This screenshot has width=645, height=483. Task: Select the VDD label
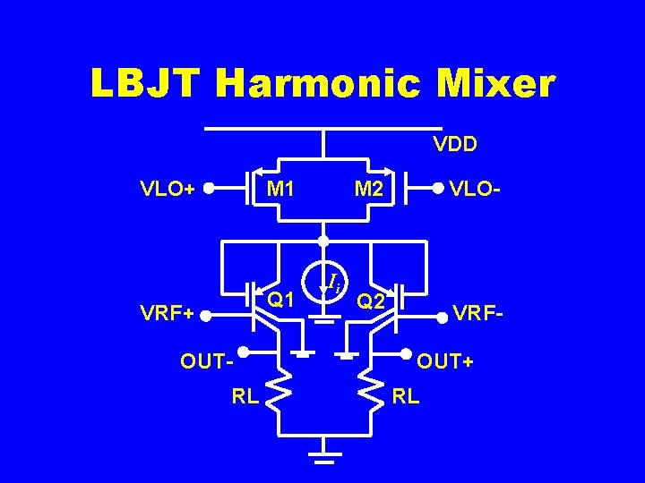pyautogui.click(x=455, y=143)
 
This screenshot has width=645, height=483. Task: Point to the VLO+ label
pyautogui.click(x=168, y=189)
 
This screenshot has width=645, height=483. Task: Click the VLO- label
pyautogui.click(x=476, y=189)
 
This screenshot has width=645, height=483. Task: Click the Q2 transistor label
pyautogui.click(x=370, y=301)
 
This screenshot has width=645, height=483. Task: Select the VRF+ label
pyautogui.click(x=166, y=314)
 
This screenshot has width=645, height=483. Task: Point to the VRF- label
pyautogui.click(x=480, y=313)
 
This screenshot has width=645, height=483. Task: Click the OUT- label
pyautogui.click(x=206, y=362)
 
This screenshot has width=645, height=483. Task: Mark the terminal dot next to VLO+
pyautogui.click(x=208, y=189)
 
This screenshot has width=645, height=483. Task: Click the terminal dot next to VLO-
pyautogui.click(x=438, y=189)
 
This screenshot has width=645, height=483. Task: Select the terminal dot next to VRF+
pyautogui.click(x=205, y=315)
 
